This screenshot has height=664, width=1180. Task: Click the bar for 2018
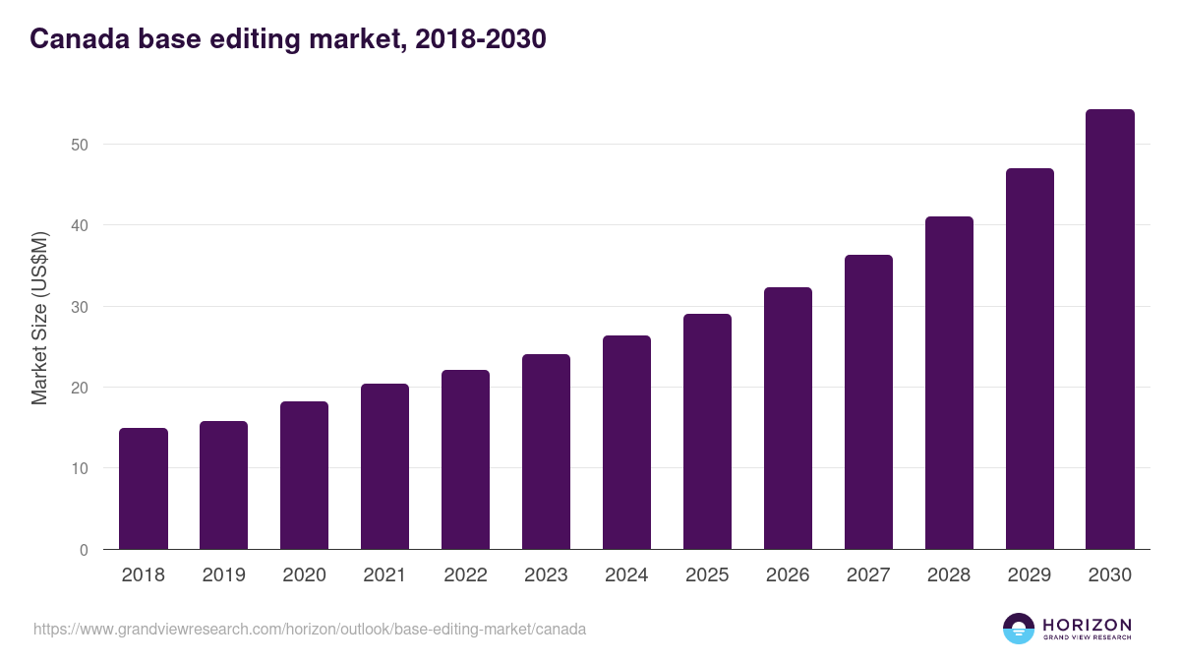(x=144, y=489)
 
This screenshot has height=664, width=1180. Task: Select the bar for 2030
(x=1110, y=330)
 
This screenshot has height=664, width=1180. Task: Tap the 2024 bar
(x=626, y=443)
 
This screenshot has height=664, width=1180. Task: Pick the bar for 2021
(x=384, y=466)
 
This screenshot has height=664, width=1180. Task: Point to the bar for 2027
(x=868, y=402)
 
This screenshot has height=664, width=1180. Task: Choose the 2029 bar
(x=1030, y=359)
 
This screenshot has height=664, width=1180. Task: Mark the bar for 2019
(x=223, y=485)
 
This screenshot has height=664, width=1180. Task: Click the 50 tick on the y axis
(x=79, y=145)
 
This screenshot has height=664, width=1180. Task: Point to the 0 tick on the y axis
(x=84, y=550)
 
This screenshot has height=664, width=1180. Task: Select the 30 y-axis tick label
(x=79, y=307)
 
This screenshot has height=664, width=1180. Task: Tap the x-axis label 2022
(x=465, y=575)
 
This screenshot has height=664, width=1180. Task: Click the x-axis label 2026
(x=788, y=575)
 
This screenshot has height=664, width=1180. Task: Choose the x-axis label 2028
(x=949, y=575)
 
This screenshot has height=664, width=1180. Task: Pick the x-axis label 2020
(x=304, y=575)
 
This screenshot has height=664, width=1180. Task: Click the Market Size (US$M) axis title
(x=39, y=318)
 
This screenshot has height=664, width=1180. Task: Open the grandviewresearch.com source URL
(x=310, y=629)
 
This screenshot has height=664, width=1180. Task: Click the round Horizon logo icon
(x=1019, y=629)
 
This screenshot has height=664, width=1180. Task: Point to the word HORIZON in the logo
(x=1087, y=625)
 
